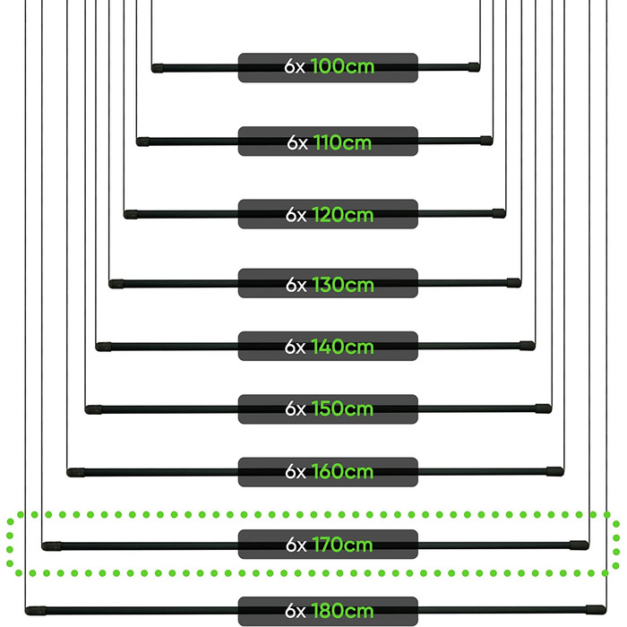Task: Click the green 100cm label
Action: pos(342,66)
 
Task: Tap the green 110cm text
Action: pos(342,142)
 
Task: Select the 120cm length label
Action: pos(343,215)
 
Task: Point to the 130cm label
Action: pos(343,285)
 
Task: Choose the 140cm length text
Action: pos(343,347)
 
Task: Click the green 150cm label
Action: pos(343,408)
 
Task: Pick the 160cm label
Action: pos(343,472)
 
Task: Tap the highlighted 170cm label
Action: pos(343,545)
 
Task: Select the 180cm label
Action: pos(343,611)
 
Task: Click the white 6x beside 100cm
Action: pos(295,66)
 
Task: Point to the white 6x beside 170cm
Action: pos(296,545)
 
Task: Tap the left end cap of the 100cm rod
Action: pos(157,68)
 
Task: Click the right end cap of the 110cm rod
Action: pos(486,141)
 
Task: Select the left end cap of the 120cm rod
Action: pos(131,215)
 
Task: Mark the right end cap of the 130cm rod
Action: pos(514,283)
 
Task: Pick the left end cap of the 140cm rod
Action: pos(103,347)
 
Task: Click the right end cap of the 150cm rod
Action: pos(544,408)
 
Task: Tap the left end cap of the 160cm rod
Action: pos(75,473)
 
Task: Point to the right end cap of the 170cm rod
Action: pos(580,545)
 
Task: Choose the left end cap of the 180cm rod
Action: pos(36,611)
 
